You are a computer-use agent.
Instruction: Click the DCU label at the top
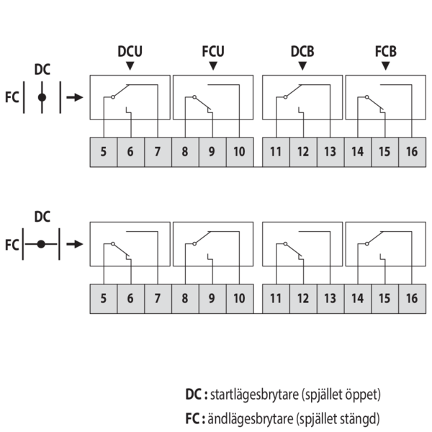click(x=130, y=51)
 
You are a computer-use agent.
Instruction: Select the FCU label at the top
click(x=213, y=51)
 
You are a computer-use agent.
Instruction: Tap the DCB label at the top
click(x=302, y=51)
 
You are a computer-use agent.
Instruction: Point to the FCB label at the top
click(x=386, y=51)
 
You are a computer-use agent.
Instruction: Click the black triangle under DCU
click(x=130, y=66)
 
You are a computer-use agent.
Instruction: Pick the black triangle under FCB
click(x=386, y=66)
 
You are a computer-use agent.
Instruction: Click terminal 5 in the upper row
click(x=104, y=152)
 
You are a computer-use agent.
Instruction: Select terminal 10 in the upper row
click(x=240, y=152)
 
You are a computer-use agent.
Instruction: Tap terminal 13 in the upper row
click(x=330, y=152)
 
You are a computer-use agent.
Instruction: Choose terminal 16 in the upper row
click(x=412, y=152)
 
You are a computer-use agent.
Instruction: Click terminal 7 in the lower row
click(x=158, y=299)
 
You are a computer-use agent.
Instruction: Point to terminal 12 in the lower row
click(x=303, y=299)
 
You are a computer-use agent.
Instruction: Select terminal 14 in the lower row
click(x=358, y=299)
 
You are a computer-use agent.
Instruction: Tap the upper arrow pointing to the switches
click(x=75, y=97)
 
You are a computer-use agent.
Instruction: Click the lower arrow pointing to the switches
click(x=75, y=244)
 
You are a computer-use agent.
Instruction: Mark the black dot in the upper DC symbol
click(x=42, y=97)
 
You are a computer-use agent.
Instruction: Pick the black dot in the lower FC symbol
click(x=41, y=244)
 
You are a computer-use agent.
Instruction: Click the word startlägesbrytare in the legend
click(x=254, y=395)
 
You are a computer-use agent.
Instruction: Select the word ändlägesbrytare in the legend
click(x=250, y=419)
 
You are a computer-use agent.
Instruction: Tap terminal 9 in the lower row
click(x=212, y=299)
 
